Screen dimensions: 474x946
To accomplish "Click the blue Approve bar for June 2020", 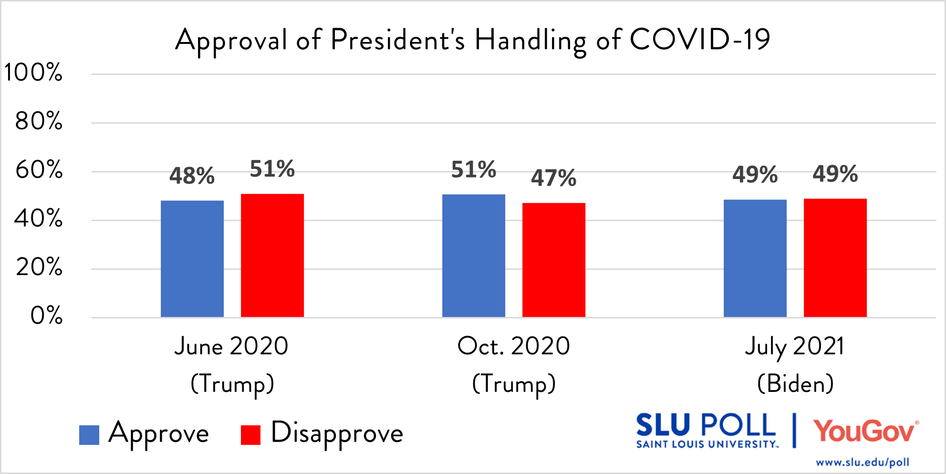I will (192, 259).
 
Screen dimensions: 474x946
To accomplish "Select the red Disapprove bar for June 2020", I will (272, 255).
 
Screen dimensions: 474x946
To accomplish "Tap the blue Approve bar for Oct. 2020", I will (473, 255).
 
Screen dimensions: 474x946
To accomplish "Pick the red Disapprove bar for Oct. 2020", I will (553, 260).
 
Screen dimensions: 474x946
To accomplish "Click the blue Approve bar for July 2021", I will (755, 258).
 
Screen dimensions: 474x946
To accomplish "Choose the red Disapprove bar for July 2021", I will (835, 258).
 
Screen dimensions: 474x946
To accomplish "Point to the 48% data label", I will (192, 176).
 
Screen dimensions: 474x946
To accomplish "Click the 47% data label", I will (553, 178).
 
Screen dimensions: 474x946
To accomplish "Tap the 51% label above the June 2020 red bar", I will (272, 169).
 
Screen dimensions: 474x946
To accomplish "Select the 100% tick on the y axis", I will (33, 73).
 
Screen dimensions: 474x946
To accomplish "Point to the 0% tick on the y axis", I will (46, 316).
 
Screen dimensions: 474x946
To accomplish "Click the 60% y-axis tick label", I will (39, 170).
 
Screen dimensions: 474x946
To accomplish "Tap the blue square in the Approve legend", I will (89, 435).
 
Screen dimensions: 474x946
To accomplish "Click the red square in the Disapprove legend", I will (250, 435).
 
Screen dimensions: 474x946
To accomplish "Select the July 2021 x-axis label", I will (795, 347).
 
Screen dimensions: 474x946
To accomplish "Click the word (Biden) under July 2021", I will (795, 383).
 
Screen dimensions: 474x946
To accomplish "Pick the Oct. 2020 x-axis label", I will (513, 346).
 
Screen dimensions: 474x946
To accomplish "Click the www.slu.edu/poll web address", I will (862, 462).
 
